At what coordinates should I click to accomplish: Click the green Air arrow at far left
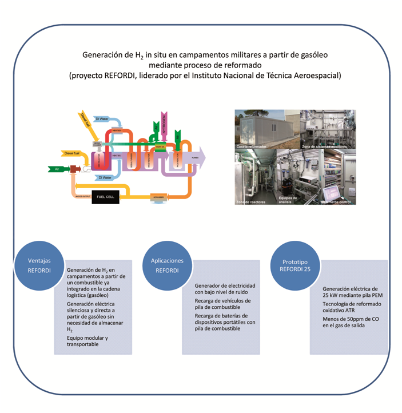coord(57,169)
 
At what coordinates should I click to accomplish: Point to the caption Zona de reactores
coord(250,202)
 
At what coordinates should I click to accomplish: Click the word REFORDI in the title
coord(120,74)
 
